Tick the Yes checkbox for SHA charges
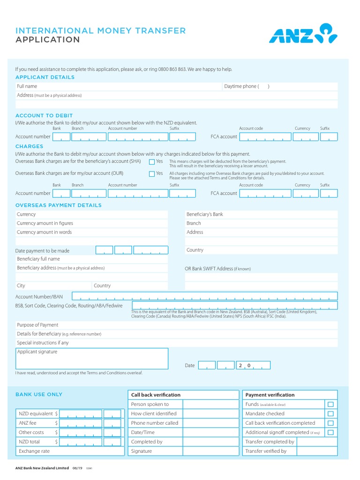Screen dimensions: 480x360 click(x=152, y=162)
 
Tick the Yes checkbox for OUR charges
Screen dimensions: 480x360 click(x=152, y=174)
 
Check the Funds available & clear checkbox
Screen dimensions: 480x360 click(x=330, y=404)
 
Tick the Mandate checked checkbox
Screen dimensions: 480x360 click(x=330, y=413)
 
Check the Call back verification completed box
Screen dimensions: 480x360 click(x=330, y=423)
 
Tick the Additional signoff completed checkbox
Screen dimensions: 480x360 click(x=330, y=432)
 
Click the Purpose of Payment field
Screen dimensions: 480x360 click(x=197, y=325)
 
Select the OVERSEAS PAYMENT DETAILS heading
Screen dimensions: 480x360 click(x=59, y=205)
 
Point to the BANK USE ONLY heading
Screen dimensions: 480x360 click(x=39, y=395)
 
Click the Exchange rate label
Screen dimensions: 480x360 click(x=34, y=451)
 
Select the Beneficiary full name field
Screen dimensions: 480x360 click(x=112, y=259)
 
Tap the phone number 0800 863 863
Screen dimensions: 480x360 click(x=172, y=69)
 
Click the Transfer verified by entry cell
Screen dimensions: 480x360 click(x=316, y=451)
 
